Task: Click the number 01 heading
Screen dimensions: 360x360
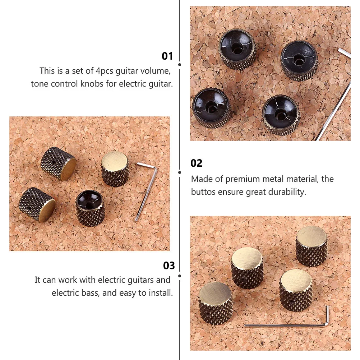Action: pos(167,56)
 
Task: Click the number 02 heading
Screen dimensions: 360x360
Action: pos(197,163)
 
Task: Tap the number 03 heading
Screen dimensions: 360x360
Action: pos(169,266)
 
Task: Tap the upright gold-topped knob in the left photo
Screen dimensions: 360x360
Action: pos(115,169)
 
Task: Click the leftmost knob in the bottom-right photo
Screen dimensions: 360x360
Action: pos(216,302)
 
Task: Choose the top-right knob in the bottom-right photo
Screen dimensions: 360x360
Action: pos(311,246)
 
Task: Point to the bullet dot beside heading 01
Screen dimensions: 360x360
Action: pos(180,65)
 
